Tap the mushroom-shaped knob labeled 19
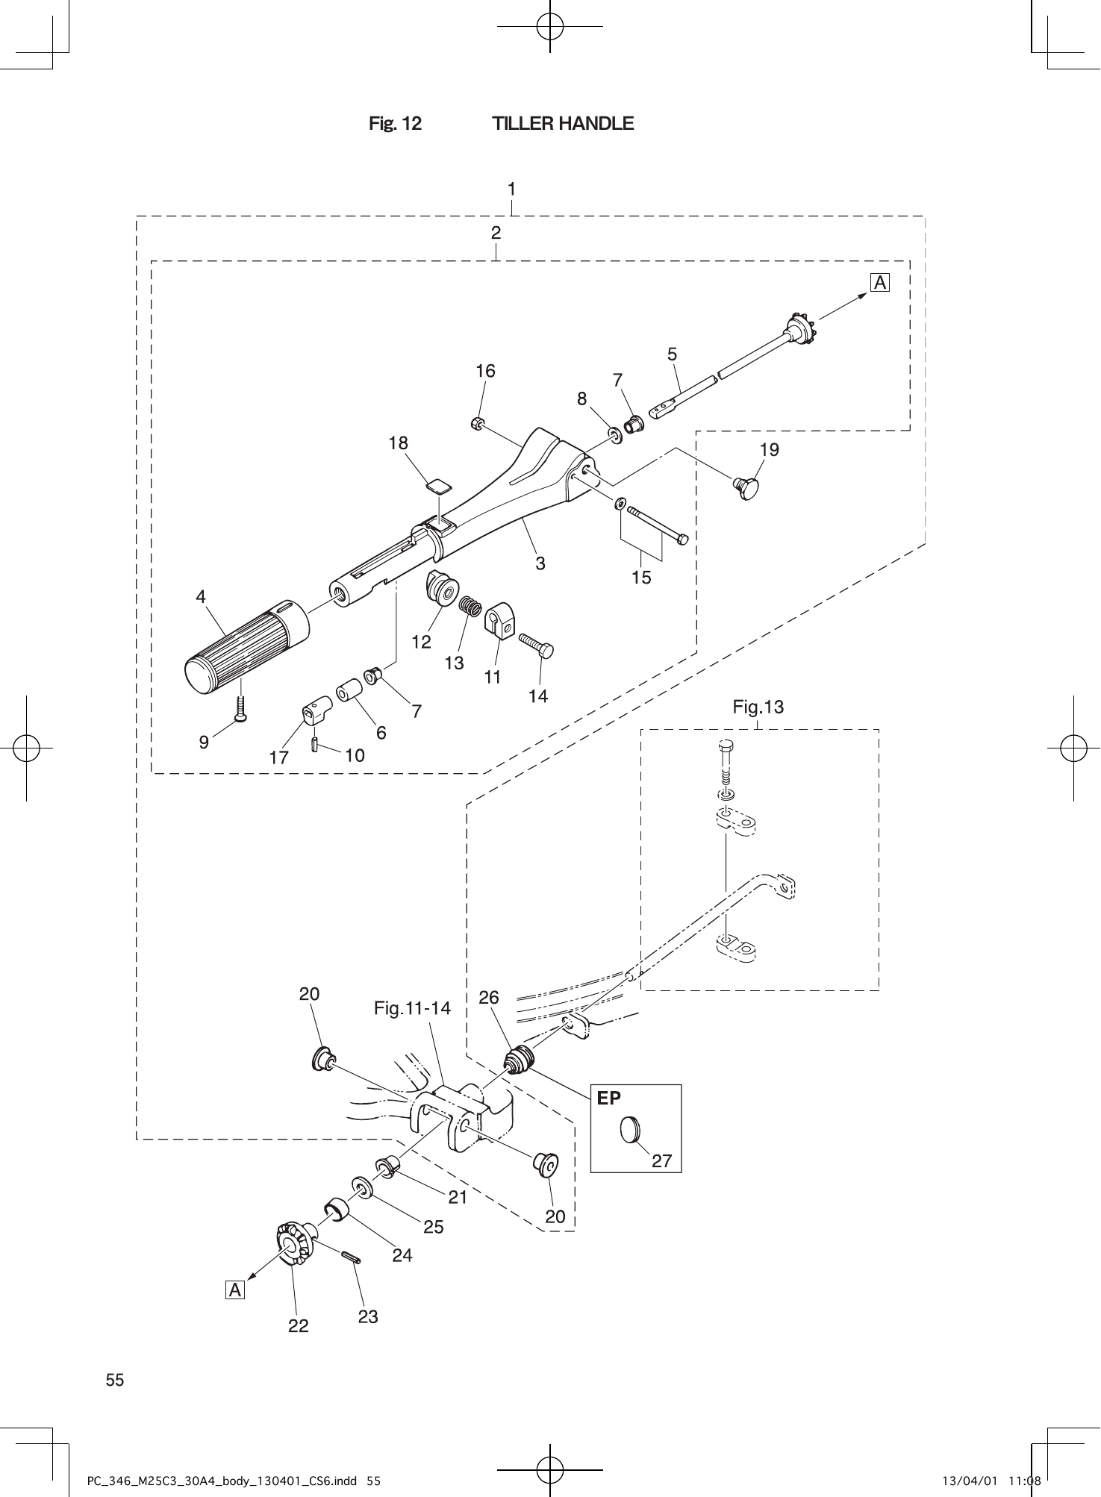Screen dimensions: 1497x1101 [x=747, y=488]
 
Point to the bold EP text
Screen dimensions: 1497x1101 [x=609, y=1098]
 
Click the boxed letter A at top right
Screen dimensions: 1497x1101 [x=880, y=283]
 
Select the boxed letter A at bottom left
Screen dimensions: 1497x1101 [x=235, y=1290]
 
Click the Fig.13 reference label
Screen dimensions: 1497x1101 [x=758, y=706]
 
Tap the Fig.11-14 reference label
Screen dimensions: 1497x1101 [x=412, y=1009]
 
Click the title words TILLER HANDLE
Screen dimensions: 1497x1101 [x=563, y=123]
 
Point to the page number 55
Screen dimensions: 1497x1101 [x=115, y=1380]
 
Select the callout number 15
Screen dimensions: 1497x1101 [x=641, y=577]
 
